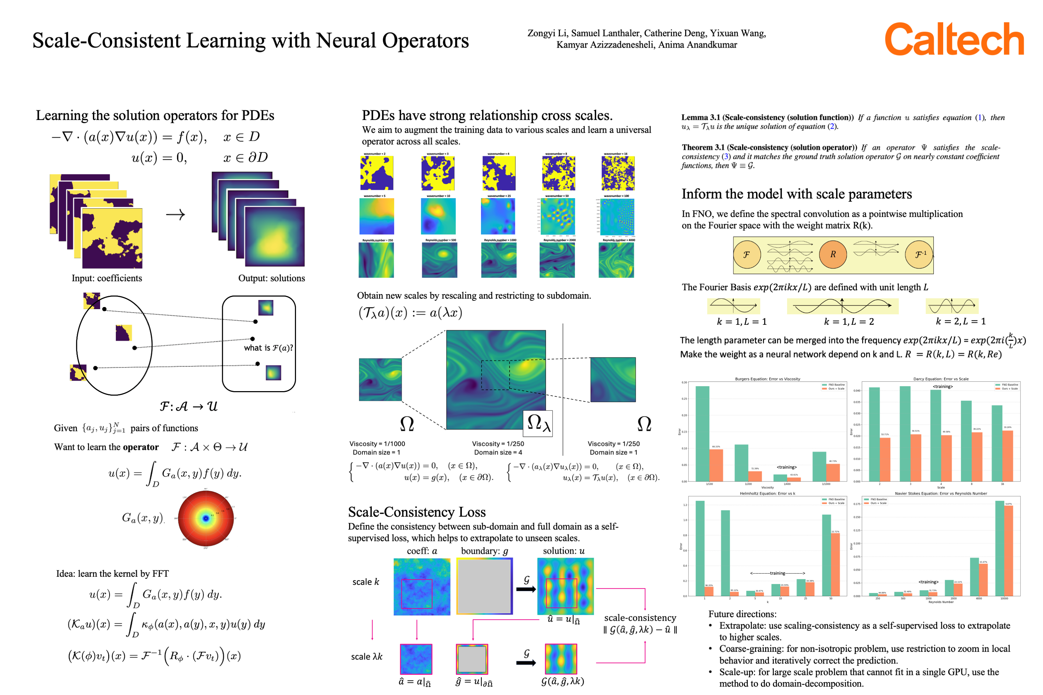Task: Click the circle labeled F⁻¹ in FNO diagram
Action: pyautogui.click(x=918, y=254)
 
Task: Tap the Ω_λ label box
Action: pyautogui.click(x=538, y=424)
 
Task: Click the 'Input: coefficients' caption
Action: pyautogui.click(x=107, y=278)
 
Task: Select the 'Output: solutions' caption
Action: pyautogui.click(x=271, y=278)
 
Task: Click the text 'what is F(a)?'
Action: pyautogui.click(x=268, y=348)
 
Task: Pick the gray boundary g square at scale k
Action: pyautogui.click(x=484, y=586)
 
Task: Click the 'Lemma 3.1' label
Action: pyautogui.click(x=700, y=118)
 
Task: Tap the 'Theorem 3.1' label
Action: pyautogui.click(x=703, y=148)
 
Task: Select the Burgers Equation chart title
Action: pyautogui.click(x=767, y=379)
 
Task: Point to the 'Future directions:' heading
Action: pyautogui.click(x=742, y=614)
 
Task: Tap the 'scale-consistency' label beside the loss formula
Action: pyautogui.click(x=640, y=617)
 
